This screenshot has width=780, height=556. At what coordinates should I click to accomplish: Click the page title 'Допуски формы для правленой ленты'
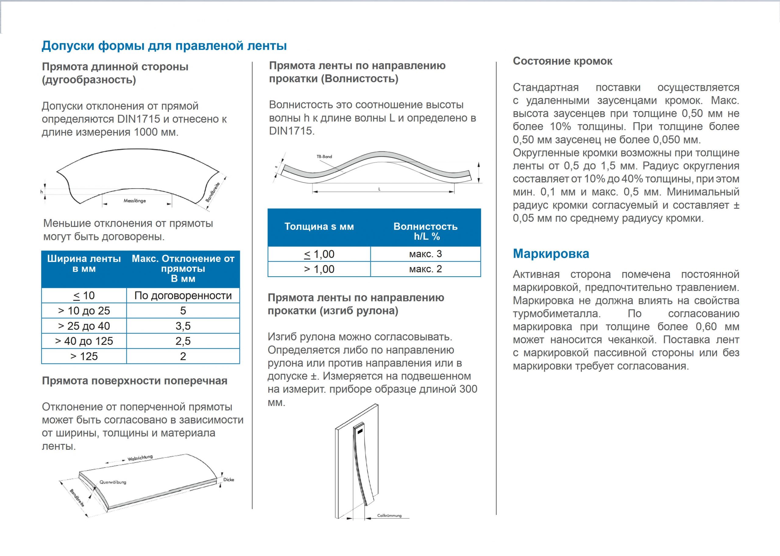tap(164, 45)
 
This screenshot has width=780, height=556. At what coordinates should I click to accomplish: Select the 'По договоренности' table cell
tap(183, 296)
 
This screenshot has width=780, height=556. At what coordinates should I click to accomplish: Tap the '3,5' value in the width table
tap(183, 326)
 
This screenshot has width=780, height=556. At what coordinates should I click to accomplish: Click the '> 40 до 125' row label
tap(84, 341)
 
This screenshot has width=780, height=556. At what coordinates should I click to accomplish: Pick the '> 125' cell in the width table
tap(84, 356)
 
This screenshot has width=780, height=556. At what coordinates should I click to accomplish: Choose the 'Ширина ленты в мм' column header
tap(84, 264)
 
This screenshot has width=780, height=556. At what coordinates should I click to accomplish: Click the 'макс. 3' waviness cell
tap(425, 254)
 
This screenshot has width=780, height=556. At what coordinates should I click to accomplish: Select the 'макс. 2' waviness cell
tap(425, 269)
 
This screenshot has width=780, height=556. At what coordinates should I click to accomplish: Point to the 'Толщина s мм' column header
tap(319, 227)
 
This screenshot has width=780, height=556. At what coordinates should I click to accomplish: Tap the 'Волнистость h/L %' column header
tap(425, 231)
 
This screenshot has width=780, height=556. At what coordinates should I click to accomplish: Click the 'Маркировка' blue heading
tap(551, 254)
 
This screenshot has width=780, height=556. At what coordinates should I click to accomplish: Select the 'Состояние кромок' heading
tap(562, 61)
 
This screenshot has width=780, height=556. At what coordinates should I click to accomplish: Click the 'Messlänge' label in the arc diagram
tap(135, 201)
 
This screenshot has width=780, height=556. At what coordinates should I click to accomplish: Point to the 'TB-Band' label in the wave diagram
tap(324, 157)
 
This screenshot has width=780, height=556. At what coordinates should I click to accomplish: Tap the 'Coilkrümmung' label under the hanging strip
tap(389, 515)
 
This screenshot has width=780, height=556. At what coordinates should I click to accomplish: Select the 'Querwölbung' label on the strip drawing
tap(113, 482)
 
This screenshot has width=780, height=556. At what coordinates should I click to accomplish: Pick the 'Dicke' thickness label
tap(229, 480)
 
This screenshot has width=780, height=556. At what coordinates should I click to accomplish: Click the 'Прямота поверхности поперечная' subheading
tap(135, 381)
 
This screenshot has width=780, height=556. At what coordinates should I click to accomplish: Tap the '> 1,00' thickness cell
tap(319, 269)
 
